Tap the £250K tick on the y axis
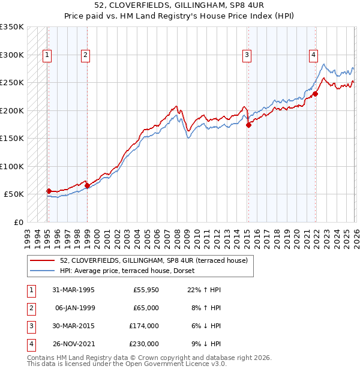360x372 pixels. (x=12, y=83)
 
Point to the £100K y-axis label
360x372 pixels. (x=12, y=166)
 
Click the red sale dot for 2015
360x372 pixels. (x=248, y=125)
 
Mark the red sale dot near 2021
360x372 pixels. (x=315, y=94)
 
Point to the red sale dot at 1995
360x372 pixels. (x=49, y=191)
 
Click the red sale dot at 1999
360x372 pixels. (x=87, y=186)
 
